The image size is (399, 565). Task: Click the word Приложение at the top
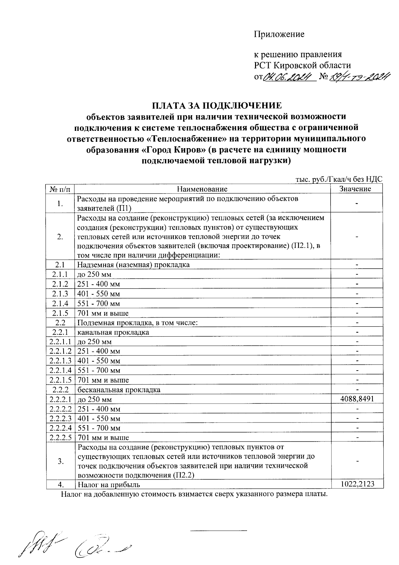click(x=279, y=34)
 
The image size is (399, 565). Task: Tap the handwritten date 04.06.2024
click(x=289, y=77)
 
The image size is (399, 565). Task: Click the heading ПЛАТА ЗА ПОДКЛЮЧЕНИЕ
click(x=217, y=106)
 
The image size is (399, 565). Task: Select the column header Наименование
click(x=202, y=189)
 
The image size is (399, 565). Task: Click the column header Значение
click(x=355, y=189)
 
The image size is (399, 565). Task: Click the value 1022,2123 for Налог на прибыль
click(x=357, y=484)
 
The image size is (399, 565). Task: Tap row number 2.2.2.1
click(x=60, y=399)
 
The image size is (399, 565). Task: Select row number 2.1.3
click(x=60, y=294)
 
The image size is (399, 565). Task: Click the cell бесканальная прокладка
click(x=119, y=390)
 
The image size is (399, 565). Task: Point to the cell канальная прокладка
click(x=113, y=332)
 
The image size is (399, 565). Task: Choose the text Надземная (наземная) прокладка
click(x=133, y=265)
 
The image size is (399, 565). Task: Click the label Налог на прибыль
click(x=109, y=485)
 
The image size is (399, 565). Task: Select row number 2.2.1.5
click(x=60, y=380)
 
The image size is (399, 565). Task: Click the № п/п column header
click(x=60, y=189)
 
